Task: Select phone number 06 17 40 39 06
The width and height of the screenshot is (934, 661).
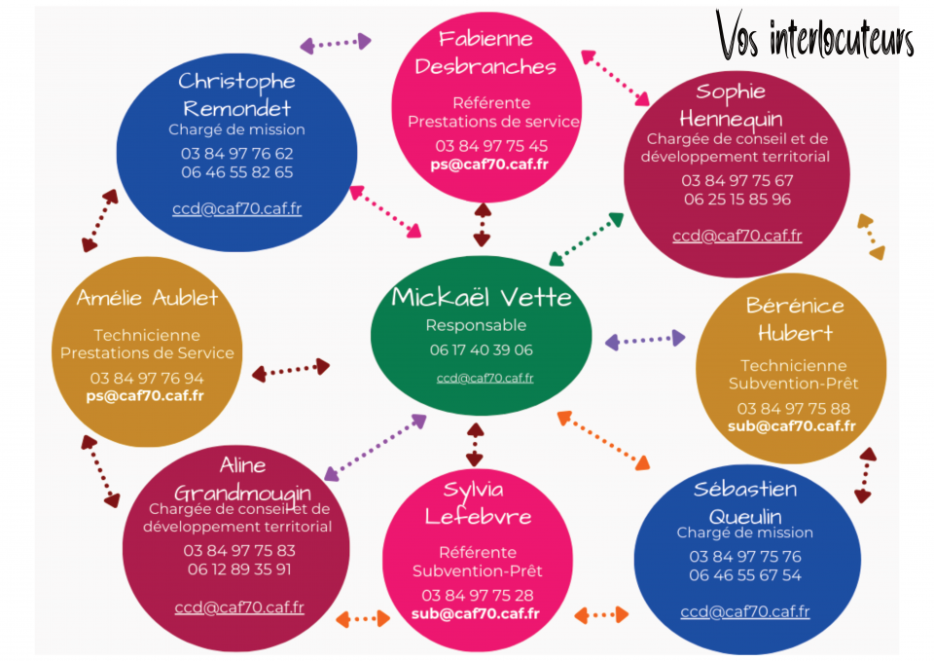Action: pyautogui.click(x=481, y=349)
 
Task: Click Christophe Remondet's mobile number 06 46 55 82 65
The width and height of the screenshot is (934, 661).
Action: pyautogui.click(x=236, y=172)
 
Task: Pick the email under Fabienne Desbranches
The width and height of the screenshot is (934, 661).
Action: pyautogui.click(x=489, y=165)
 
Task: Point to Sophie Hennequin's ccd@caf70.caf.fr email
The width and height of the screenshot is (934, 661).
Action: pyautogui.click(x=736, y=235)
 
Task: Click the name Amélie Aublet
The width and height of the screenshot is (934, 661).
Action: pyautogui.click(x=147, y=297)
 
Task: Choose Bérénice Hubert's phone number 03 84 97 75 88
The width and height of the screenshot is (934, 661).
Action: pyautogui.click(x=793, y=408)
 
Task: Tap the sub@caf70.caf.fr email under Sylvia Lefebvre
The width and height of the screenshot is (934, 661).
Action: pyautogui.click(x=475, y=613)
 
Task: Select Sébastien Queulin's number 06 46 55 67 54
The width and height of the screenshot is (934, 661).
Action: pyautogui.click(x=745, y=575)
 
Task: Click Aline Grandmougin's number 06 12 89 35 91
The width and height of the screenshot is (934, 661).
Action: pyautogui.click(x=238, y=569)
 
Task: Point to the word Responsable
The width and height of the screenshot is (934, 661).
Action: pyautogui.click(x=476, y=325)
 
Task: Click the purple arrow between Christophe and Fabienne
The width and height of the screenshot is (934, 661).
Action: pyautogui.click(x=336, y=43)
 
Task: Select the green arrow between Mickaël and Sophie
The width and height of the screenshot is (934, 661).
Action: pyautogui.click(x=586, y=239)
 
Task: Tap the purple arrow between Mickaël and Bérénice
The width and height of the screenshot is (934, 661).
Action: pyautogui.click(x=645, y=340)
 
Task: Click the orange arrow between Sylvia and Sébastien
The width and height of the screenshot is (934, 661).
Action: pyautogui.click(x=601, y=615)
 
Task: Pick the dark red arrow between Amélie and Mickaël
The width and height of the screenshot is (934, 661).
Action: pyautogui.click(x=291, y=369)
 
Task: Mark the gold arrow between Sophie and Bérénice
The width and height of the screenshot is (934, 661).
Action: pyautogui.click(x=872, y=237)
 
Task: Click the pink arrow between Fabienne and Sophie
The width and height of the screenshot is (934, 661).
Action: pyautogui.click(x=616, y=77)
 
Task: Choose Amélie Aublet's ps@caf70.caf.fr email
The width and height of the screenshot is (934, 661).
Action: pyautogui.click(x=144, y=395)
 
